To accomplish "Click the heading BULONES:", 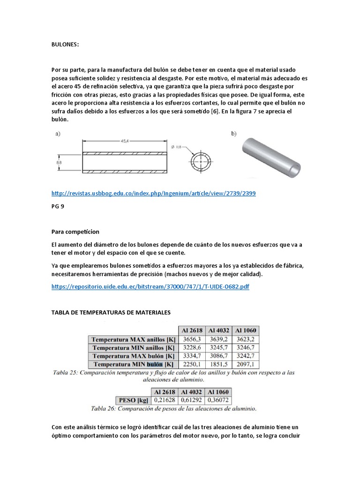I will (65, 44).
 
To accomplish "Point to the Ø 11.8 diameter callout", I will (176, 147).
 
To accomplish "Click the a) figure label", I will (58, 134).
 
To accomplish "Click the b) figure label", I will (234, 134).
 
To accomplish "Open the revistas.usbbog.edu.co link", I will (153, 193).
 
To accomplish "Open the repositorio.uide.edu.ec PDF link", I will (150, 286).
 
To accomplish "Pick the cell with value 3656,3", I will (192, 339).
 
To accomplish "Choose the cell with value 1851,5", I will (219, 364).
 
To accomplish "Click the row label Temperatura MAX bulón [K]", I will (133, 356).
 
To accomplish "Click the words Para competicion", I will (75, 232).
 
